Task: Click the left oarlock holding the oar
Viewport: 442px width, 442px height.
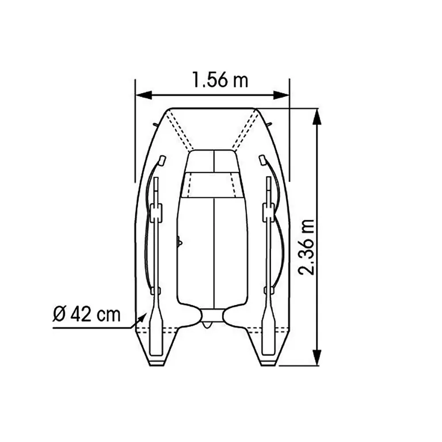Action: click(156, 212)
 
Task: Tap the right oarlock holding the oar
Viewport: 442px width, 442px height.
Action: click(268, 212)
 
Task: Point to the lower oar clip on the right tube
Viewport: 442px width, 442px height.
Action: click(268, 291)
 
